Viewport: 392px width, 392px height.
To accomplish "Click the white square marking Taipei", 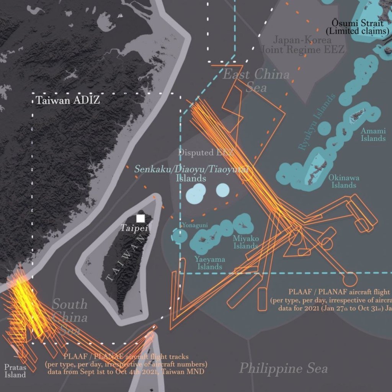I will click(x=140, y=218).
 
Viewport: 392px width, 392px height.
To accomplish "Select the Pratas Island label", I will click(x=15, y=371).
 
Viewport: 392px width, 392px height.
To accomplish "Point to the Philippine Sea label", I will click(x=283, y=368).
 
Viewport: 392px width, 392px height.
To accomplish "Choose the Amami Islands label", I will click(x=373, y=135).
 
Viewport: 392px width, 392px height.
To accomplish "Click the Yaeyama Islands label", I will click(x=209, y=263).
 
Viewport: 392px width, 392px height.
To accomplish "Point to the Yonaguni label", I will click(x=195, y=225).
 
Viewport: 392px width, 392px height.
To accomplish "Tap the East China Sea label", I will click(x=256, y=80).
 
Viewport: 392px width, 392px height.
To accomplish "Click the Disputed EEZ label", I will click(x=206, y=153).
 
